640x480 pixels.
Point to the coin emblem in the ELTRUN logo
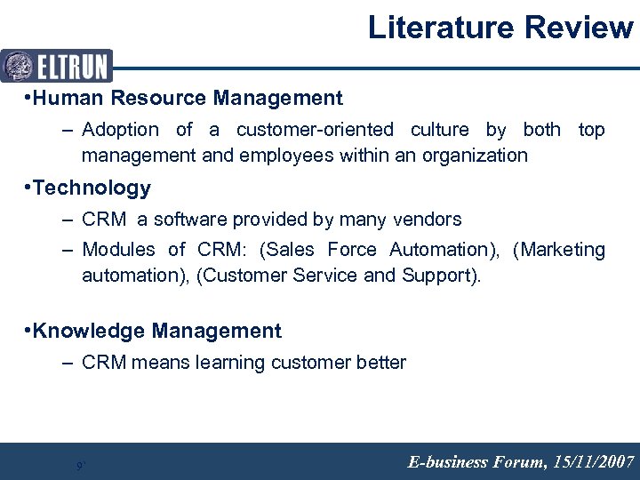pyautogui.click(x=18, y=66)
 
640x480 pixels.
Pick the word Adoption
pyautogui.click(x=120, y=130)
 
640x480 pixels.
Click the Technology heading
pyautogui.click(x=92, y=188)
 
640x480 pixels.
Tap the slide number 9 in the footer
pyautogui.click(x=79, y=465)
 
